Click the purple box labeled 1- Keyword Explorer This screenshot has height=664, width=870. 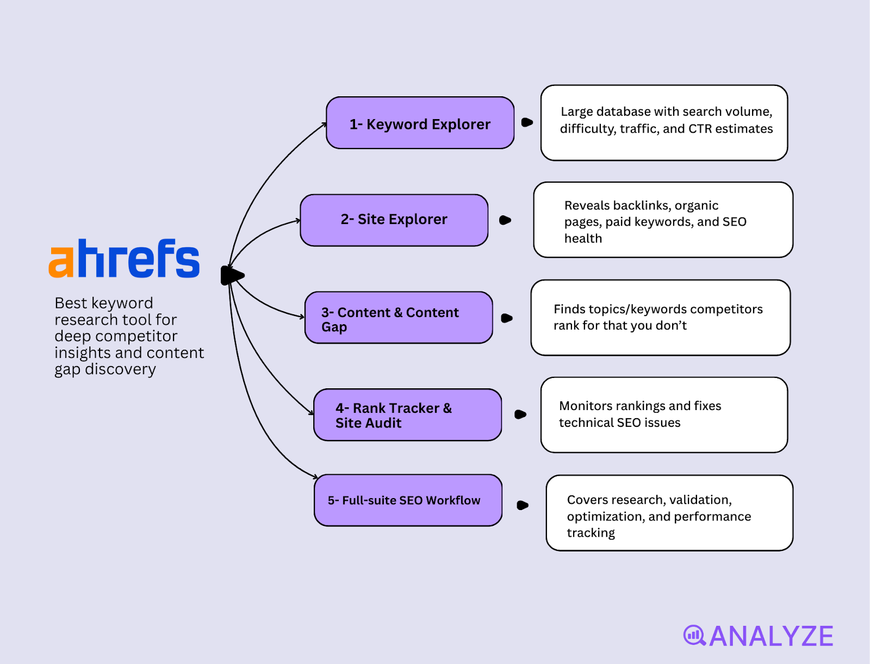[420, 123]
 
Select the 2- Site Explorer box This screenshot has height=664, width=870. [394, 220]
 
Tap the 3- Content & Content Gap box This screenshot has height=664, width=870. [399, 318]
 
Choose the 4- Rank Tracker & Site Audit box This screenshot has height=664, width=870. [407, 415]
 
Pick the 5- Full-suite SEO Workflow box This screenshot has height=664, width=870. [408, 500]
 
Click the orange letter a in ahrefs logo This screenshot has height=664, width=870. [61, 262]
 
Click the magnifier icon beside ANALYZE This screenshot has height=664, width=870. [694, 635]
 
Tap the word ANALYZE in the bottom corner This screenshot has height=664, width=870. [771, 636]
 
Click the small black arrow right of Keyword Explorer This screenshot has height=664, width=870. [526, 122]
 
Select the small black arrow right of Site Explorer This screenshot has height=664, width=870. [505, 220]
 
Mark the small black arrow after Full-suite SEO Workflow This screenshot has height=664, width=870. [522, 505]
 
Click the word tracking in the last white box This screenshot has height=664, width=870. [591, 533]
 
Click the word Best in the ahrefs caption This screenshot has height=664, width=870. [71, 303]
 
